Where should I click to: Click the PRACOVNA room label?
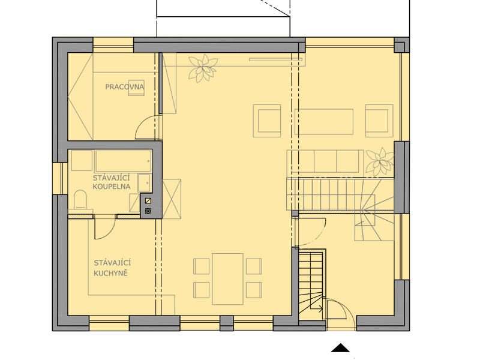point(124,87)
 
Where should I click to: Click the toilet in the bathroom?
point(80,199)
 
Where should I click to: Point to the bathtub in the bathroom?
point(124,161)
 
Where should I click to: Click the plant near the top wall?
point(203,68)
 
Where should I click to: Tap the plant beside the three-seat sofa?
point(380,161)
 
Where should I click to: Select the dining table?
point(228,279)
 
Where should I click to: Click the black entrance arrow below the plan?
point(340,348)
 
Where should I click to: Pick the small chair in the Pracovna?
point(136,88)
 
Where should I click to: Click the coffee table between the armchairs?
point(324,122)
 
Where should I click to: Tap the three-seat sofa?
point(325,161)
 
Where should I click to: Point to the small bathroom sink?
point(144,183)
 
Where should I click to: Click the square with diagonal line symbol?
point(148,201)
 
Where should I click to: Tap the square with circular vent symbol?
point(148,211)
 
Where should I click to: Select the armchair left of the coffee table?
point(267,121)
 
